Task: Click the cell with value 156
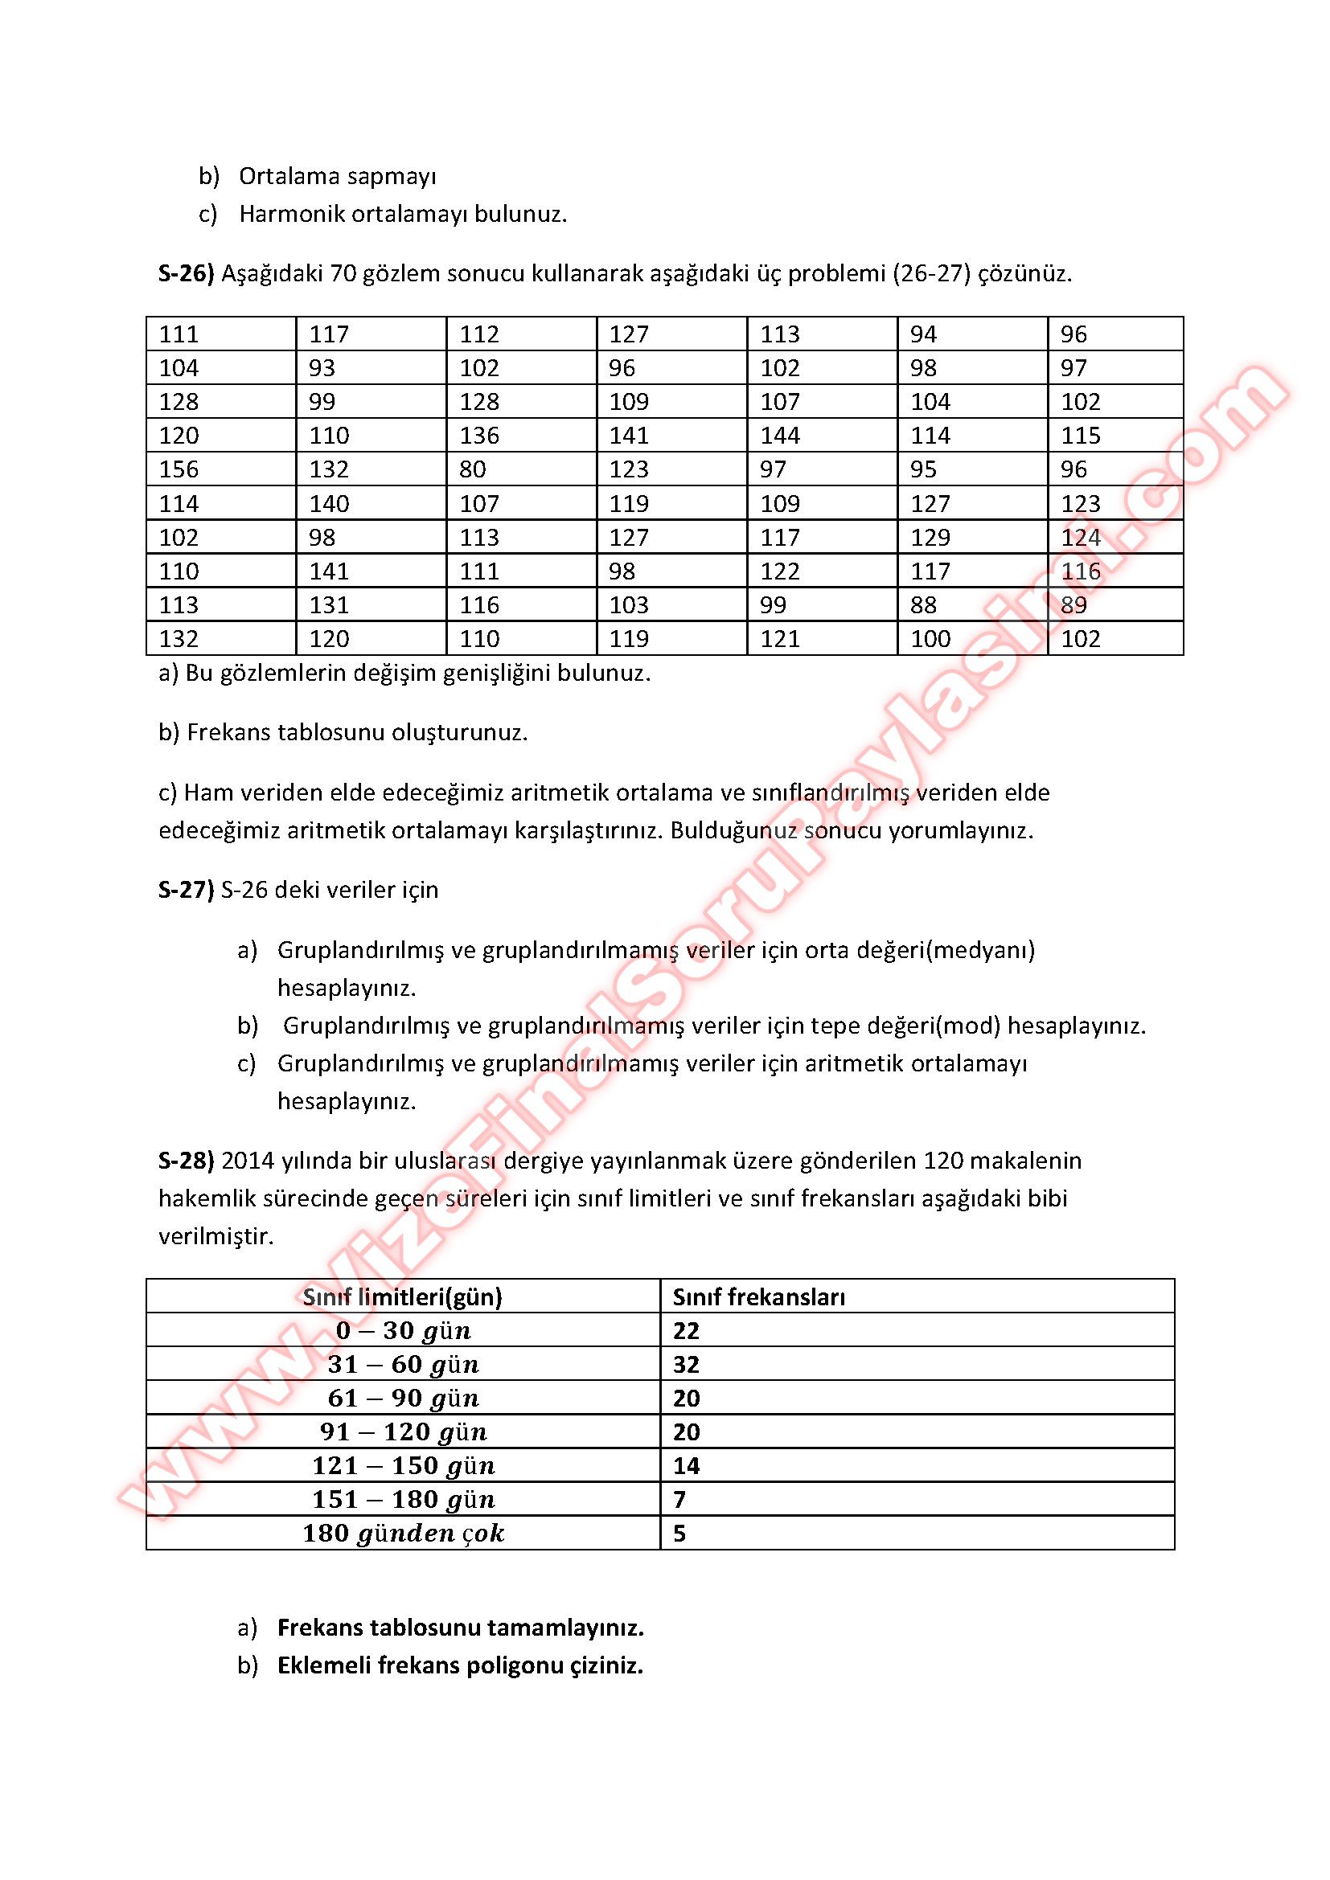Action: pyautogui.click(x=179, y=469)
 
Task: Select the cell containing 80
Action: pyautogui.click(x=473, y=469)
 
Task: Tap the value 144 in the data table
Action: pyautogui.click(x=780, y=436)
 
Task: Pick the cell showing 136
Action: pyautogui.click(x=479, y=436)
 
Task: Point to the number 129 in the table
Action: pyautogui.click(x=930, y=537)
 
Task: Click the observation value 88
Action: pyautogui.click(x=923, y=605)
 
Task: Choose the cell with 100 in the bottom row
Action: pyautogui.click(x=930, y=639)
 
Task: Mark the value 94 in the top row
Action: pyautogui.click(x=923, y=334)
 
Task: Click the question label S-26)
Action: pyautogui.click(x=186, y=273)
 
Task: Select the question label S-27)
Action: pyautogui.click(x=186, y=890)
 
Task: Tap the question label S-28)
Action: pyautogui.click(x=186, y=1161)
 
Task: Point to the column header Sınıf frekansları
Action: pyautogui.click(x=758, y=1296)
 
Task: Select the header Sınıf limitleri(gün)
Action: pyautogui.click(x=402, y=1296)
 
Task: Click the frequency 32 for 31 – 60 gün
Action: pyautogui.click(x=686, y=1364)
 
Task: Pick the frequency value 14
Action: pyautogui.click(x=686, y=1466)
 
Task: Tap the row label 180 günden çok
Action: pyautogui.click(x=403, y=1534)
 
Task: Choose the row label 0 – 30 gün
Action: pyautogui.click(x=403, y=1330)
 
